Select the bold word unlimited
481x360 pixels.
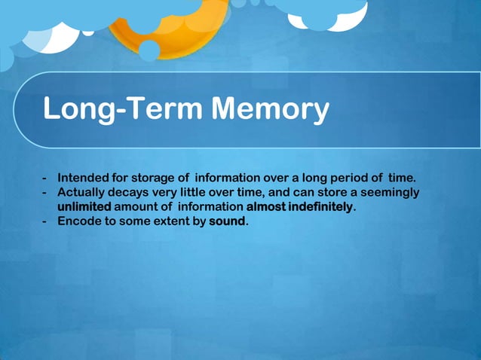click(x=84, y=207)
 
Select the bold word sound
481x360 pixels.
click(x=227, y=222)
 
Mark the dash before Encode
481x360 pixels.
click(x=46, y=223)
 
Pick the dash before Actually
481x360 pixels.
click(x=46, y=194)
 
